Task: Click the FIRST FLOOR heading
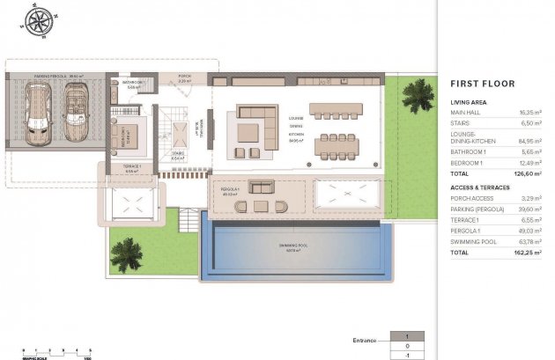482,84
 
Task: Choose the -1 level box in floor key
406,355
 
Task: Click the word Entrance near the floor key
362,338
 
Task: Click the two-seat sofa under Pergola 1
262,187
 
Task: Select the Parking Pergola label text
56,77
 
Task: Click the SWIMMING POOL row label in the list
474,240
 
